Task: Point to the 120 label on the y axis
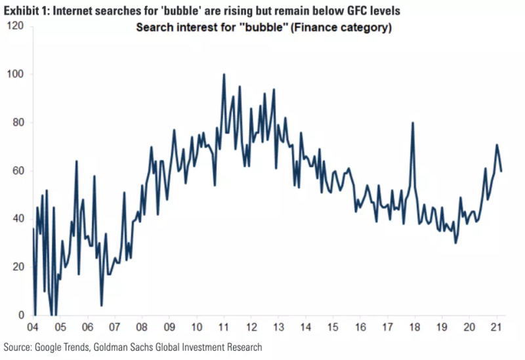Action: click(16, 26)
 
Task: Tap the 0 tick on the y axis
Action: click(21, 315)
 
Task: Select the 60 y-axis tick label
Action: click(18, 170)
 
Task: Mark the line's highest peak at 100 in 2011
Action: click(224, 74)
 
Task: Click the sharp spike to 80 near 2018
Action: click(413, 123)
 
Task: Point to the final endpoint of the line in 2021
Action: click(502, 171)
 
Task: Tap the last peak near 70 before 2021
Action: click(497, 145)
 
